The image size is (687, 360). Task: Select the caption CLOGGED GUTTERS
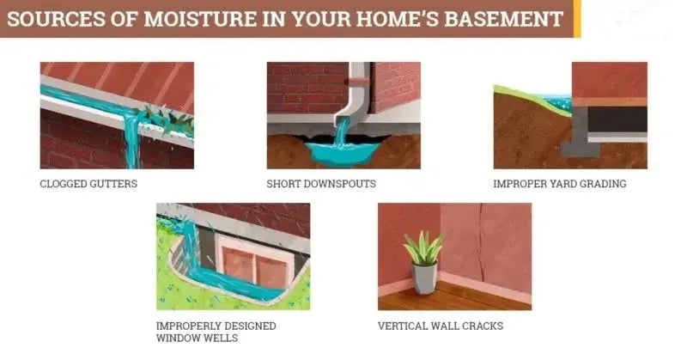pos(88,184)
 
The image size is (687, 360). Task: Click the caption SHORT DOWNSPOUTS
pos(321,184)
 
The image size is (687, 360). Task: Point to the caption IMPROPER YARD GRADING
pos(559,184)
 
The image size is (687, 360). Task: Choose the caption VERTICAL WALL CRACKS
pos(441,326)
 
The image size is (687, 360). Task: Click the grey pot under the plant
pos(423,278)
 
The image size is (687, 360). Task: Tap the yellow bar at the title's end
pos(577,18)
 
